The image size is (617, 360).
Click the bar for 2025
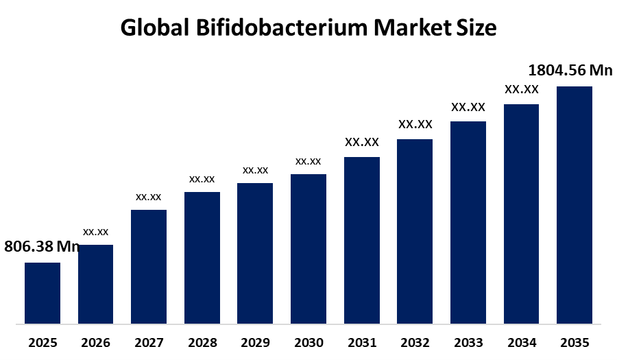43,293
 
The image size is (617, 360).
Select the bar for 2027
149,266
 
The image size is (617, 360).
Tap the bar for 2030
308,248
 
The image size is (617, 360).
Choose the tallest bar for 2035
574,204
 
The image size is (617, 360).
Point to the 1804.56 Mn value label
570,71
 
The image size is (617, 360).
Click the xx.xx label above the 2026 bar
96,232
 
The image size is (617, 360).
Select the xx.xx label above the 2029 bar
255,170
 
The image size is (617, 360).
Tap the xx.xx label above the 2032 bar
415,125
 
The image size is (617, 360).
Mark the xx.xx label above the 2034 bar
522,90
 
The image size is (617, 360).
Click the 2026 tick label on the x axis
96,342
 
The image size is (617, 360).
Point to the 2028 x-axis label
202,342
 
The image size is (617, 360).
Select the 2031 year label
362,342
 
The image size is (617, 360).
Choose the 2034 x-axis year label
522,342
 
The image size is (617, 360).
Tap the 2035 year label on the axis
574,342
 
